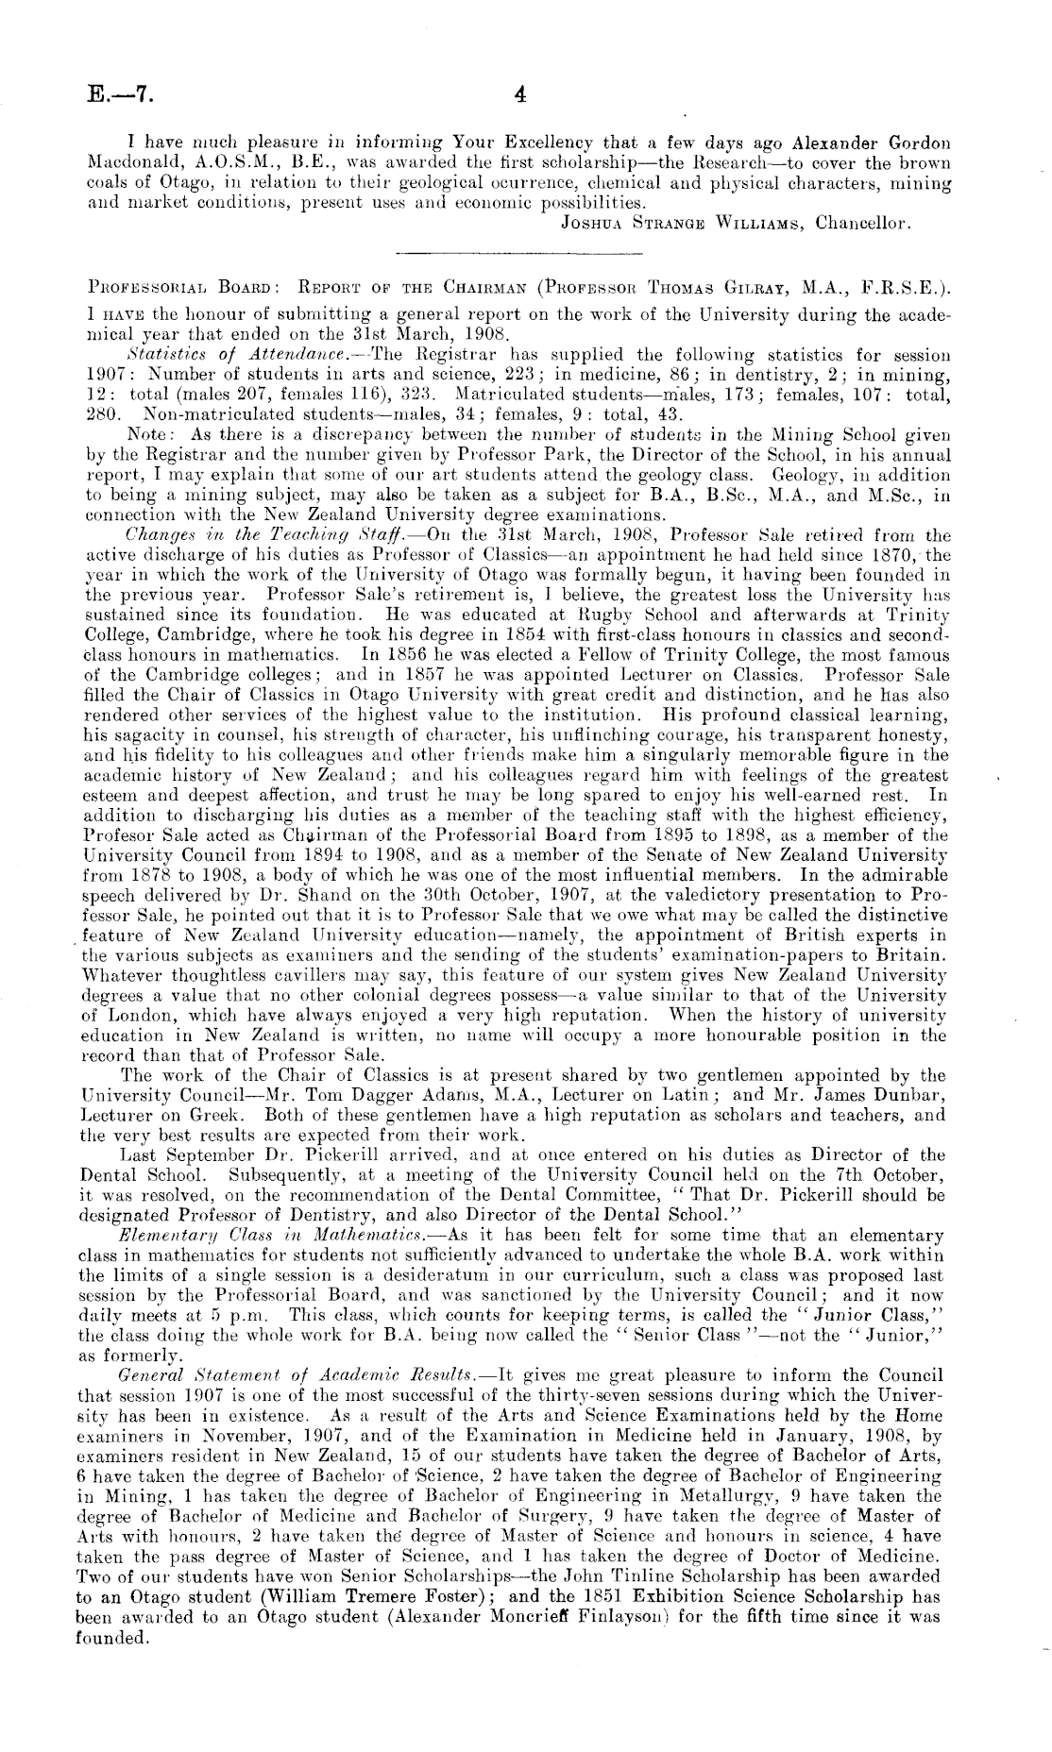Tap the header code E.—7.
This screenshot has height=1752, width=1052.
(116, 94)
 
